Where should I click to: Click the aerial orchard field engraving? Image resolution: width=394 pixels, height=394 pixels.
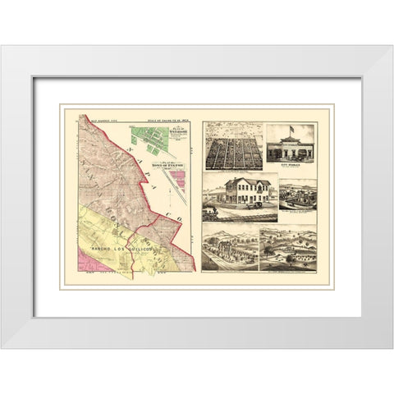[x=232, y=146]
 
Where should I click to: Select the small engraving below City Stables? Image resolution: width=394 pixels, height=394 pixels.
[x=296, y=195]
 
